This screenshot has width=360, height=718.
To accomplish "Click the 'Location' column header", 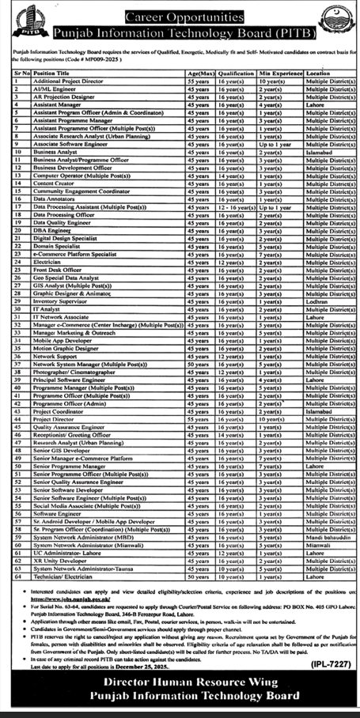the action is (x=316, y=73).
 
